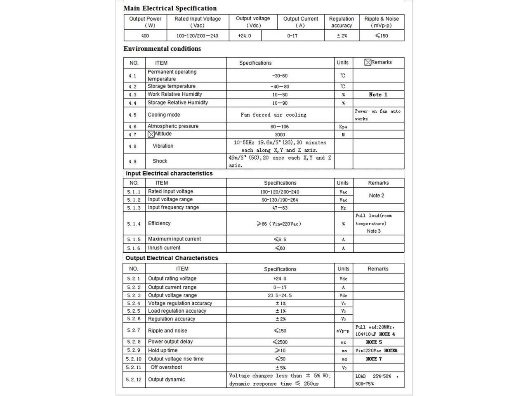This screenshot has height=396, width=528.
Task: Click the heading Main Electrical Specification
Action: tap(170, 8)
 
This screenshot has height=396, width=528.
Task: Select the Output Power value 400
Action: tap(145, 36)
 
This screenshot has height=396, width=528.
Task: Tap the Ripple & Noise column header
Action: tap(382, 22)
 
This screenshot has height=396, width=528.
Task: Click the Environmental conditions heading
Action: tap(162, 49)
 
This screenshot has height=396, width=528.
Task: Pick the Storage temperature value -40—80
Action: tap(280, 87)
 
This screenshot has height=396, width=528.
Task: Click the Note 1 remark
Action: tap(378, 94)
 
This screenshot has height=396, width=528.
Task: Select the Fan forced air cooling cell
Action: tap(273, 115)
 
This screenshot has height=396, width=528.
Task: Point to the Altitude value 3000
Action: tap(280, 134)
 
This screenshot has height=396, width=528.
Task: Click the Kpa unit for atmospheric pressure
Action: tap(343, 127)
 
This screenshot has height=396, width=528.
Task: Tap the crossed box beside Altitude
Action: tap(151, 134)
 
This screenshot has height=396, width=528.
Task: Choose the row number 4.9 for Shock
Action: tap(132, 161)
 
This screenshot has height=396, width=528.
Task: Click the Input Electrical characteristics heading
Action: tap(169, 174)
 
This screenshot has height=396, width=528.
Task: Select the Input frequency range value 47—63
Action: tap(280, 208)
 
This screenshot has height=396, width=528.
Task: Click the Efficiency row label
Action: tap(159, 223)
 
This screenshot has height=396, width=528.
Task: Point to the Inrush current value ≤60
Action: tap(280, 248)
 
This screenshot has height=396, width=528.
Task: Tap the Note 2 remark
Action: tap(376, 196)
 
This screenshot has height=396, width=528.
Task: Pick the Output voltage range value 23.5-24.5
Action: tap(280, 295)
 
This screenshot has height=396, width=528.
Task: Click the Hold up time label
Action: tap(163, 350)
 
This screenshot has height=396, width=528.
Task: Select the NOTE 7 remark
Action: tap(374, 359)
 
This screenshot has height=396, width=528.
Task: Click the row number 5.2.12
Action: tap(134, 379)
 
